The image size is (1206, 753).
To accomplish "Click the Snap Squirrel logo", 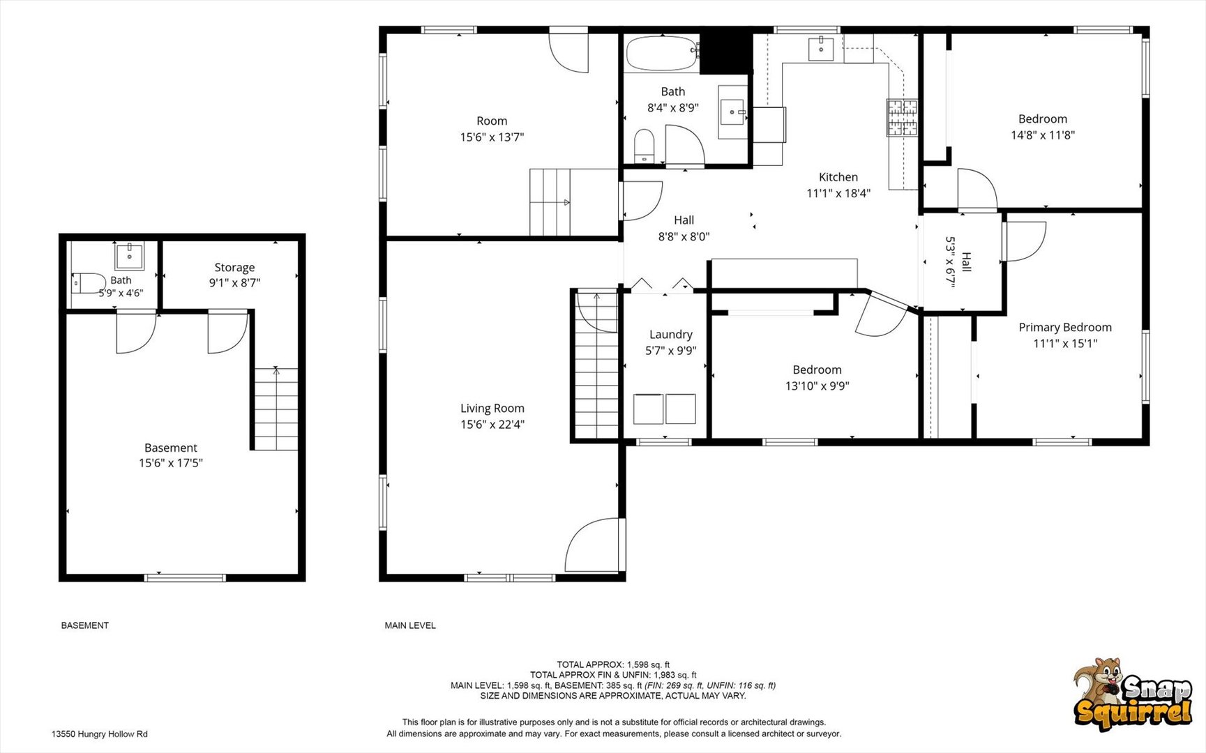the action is (1131, 694).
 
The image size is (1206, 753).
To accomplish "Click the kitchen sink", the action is (821, 50).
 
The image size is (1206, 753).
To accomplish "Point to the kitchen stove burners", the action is (902, 117).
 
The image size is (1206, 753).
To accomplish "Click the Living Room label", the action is (492, 409).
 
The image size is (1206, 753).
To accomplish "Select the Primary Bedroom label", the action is (1065, 327).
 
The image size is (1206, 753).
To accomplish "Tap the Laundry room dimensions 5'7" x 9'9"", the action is (671, 351).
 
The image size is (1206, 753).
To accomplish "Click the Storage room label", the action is (234, 268).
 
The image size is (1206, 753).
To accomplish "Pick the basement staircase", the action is (276, 409).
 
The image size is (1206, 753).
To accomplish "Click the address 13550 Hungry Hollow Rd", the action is (100, 734).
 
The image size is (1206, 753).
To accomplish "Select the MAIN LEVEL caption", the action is (410, 625).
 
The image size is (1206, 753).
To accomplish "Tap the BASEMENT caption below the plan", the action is (85, 625).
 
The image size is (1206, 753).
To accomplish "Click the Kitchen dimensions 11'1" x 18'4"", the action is (838, 193).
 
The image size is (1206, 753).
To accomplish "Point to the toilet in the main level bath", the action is (644, 144).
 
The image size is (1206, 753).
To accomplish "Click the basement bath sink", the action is (130, 256).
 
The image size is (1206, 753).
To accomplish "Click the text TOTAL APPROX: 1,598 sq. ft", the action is (613, 664).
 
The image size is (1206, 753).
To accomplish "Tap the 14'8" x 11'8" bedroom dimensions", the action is (1043, 135).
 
